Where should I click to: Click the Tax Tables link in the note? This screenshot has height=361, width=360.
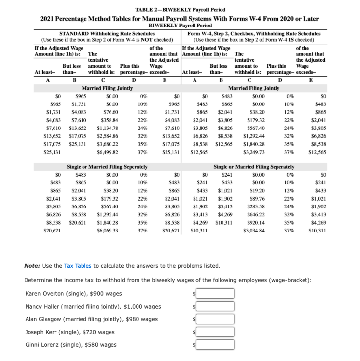pos(78,266)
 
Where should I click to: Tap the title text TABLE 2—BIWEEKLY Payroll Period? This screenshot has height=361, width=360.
pos(179,9)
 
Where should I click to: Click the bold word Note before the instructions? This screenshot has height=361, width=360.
pos(32,266)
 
